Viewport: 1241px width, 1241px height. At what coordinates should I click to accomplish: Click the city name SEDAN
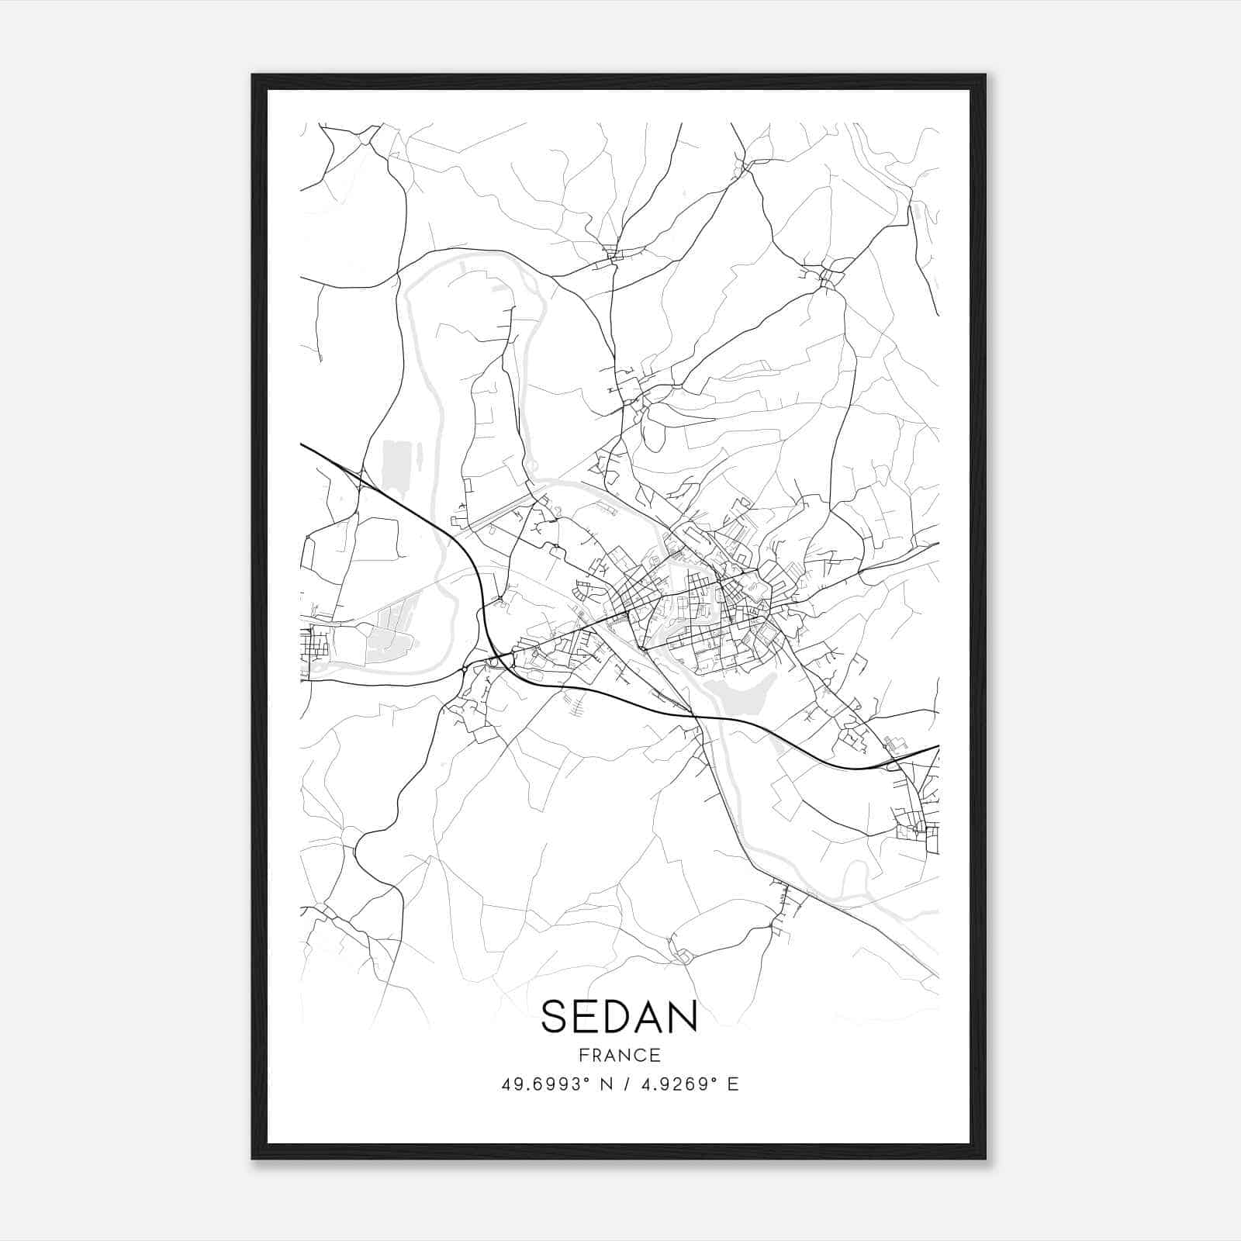click(619, 1017)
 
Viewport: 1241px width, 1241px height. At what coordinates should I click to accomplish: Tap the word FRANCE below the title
click(619, 1056)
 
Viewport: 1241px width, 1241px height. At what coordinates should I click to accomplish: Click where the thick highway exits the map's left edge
click(302, 445)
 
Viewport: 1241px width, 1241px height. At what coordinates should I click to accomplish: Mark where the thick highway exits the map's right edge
click(937, 747)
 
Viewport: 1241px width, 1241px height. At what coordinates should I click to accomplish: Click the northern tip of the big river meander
click(465, 253)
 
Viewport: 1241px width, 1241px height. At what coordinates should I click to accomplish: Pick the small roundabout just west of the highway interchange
click(464, 669)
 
